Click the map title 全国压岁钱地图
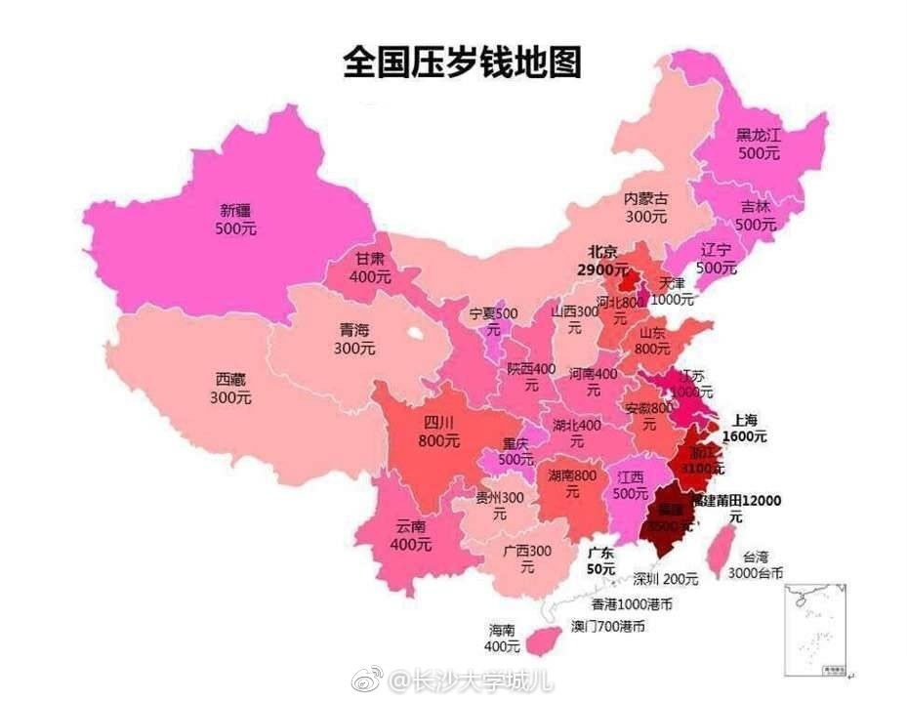coord(462,61)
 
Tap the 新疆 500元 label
coord(234,218)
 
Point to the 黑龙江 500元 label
coord(759,145)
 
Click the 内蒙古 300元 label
coord(646,207)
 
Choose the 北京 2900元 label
coord(601,260)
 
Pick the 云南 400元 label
coord(411,535)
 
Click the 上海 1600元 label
coord(744,429)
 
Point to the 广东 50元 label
coord(601,560)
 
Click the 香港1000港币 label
coord(637,604)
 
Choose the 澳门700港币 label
coord(607,626)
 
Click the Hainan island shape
coord(537,641)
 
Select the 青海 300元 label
coord(353,338)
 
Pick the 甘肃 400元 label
coord(370,268)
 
